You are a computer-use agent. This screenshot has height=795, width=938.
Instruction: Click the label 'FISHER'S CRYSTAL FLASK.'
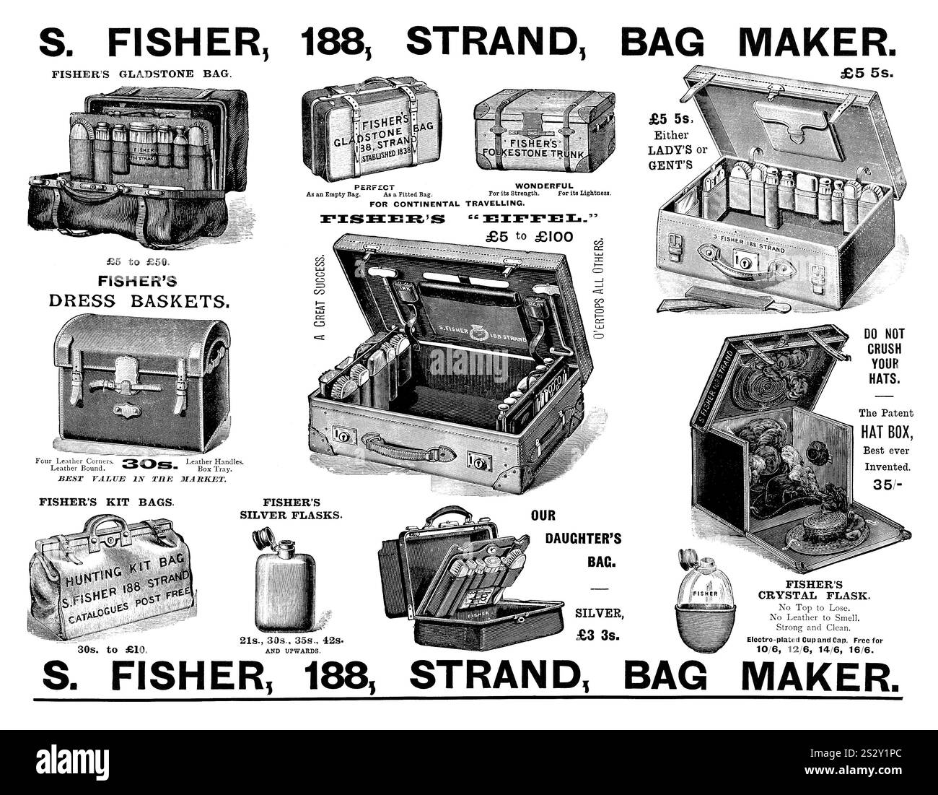pos(813,590)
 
